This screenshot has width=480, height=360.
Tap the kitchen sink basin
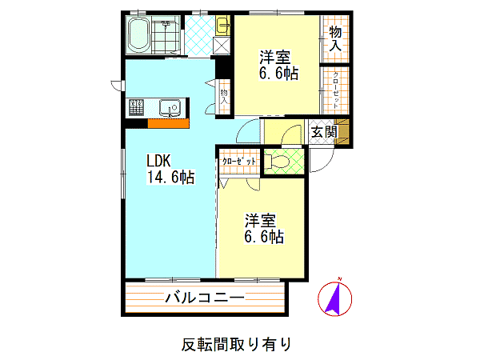click(170, 108)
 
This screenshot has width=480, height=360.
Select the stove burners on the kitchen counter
click(136, 107)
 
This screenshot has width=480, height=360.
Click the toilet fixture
click(277, 162)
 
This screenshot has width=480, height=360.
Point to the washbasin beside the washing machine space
click(223, 25)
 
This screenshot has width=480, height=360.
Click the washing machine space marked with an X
click(222, 46)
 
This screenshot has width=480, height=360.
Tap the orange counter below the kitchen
click(168, 123)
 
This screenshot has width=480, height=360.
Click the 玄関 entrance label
click(324, 132)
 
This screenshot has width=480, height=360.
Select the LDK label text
click(158, 161)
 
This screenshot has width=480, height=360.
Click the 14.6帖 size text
click(171, 177)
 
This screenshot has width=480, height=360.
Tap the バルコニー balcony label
click(205, 297)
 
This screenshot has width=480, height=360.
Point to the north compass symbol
click(334, 298)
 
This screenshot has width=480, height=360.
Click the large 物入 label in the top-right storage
click(335, 39)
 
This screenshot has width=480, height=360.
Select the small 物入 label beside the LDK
click(224, 97)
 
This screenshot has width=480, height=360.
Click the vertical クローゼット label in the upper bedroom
click(335, 90)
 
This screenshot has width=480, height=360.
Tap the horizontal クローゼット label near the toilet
click(238, 161)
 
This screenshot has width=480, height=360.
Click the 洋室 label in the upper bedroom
click(274, 57)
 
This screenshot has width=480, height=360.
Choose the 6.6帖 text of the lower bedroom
click(264, 237)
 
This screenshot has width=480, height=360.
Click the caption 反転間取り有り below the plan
click(236, 344)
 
